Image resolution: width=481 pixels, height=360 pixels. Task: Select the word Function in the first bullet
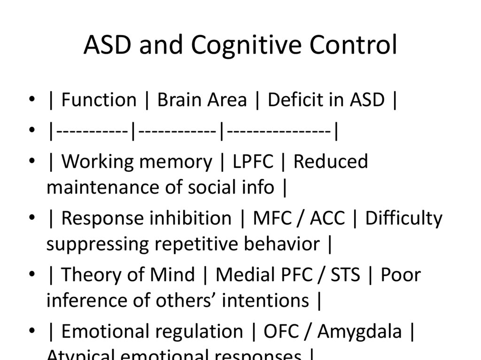tap(99, 100)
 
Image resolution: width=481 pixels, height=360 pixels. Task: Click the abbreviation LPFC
tap(253, 161)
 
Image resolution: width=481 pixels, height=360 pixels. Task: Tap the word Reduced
tap(331, 161)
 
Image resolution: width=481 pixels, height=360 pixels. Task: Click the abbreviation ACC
tap(326, 218)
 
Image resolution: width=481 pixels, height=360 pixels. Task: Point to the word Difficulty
tap(403, 218)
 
